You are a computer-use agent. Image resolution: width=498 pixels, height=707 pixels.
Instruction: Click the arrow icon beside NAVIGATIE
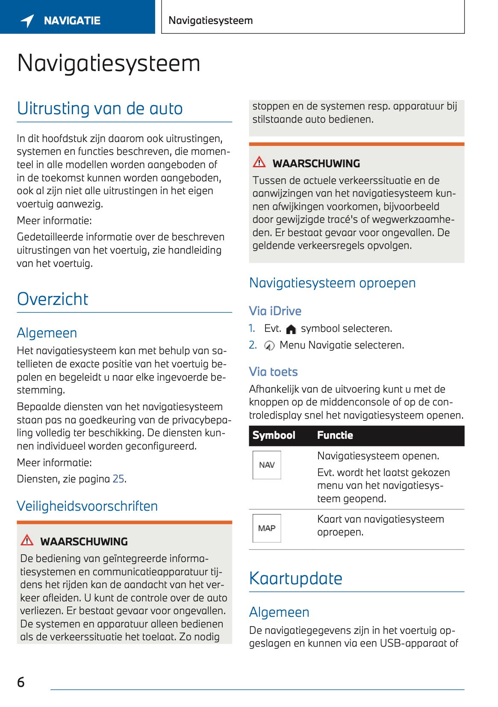[27, 21]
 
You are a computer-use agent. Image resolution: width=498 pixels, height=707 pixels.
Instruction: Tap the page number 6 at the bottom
[21, 682]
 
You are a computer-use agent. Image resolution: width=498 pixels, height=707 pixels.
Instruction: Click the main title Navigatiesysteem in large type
[109, 63]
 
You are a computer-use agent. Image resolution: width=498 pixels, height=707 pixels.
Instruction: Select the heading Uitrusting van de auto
[100, 109]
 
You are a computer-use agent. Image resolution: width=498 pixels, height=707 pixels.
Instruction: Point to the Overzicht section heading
[53, 299]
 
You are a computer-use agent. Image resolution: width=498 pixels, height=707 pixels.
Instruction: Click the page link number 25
[118, 479]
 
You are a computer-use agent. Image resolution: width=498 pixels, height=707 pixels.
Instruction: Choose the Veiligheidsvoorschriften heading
[87, 506]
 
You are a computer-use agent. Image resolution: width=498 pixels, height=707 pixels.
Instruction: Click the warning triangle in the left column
[27, 540]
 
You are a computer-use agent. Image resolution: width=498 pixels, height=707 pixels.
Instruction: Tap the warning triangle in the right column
[259, 162]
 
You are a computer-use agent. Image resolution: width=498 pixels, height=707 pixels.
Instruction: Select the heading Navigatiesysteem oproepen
[332, 283]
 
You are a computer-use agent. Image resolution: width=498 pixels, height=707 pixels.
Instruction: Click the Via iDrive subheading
[275, 311]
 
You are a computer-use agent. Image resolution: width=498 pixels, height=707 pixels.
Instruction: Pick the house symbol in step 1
[291, 329]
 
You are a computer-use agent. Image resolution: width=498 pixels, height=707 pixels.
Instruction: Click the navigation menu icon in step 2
[269, 346]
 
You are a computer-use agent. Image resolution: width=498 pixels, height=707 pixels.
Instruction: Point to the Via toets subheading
[273, 372]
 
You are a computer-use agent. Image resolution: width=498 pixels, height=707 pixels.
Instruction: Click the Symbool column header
[274, 435]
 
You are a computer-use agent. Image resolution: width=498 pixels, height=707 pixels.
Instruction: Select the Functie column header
[335, 435]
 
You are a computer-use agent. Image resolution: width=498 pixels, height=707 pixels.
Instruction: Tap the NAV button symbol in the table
[267, 465]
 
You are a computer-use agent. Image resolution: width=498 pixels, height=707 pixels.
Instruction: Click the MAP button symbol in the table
[267, 528]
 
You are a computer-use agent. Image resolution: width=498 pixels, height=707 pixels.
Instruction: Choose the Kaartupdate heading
[295, 578]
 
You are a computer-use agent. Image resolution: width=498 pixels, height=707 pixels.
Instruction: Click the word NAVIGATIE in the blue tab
[72, 21]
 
